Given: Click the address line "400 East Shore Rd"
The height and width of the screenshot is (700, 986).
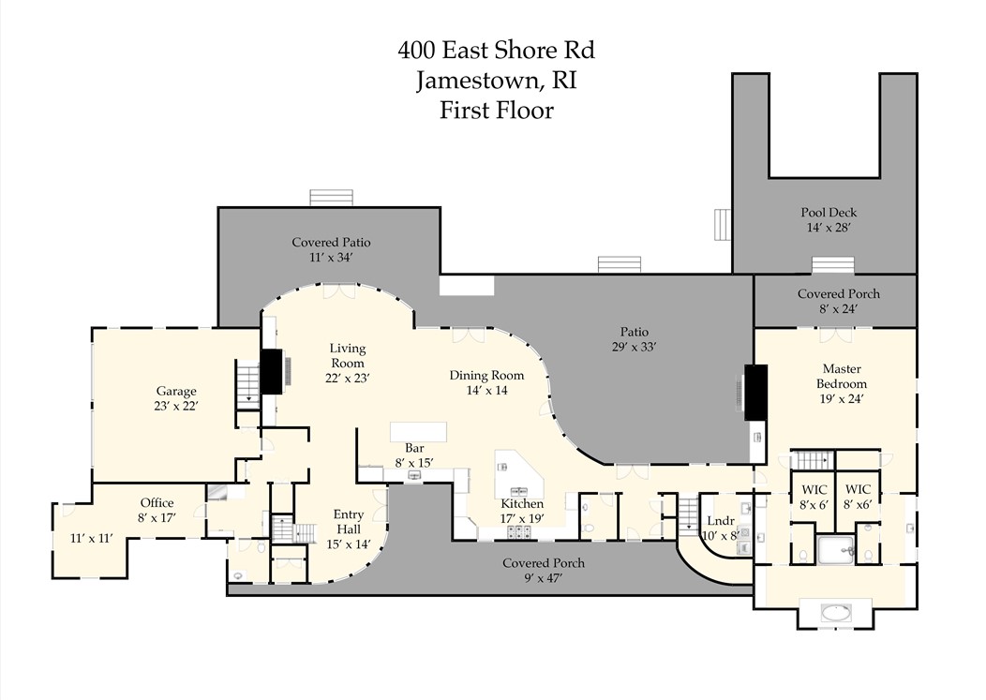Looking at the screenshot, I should [496, 50].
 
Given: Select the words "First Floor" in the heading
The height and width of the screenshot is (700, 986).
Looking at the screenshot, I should [496, 111].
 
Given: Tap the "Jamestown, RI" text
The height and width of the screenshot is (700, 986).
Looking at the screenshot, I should [496, 81].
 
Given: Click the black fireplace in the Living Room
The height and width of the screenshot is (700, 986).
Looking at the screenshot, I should [272, 372].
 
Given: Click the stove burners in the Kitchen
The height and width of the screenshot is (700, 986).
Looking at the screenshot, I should [521, 531].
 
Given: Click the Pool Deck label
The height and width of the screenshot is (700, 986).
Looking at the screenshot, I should [829, 213].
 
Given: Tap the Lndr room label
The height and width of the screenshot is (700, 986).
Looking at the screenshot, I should [721, 521].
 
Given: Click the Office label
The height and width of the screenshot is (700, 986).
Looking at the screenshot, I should [157, 503].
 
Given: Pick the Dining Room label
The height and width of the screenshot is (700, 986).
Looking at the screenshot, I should [486, 376].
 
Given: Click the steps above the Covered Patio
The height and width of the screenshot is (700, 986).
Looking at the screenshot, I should [332, 197].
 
